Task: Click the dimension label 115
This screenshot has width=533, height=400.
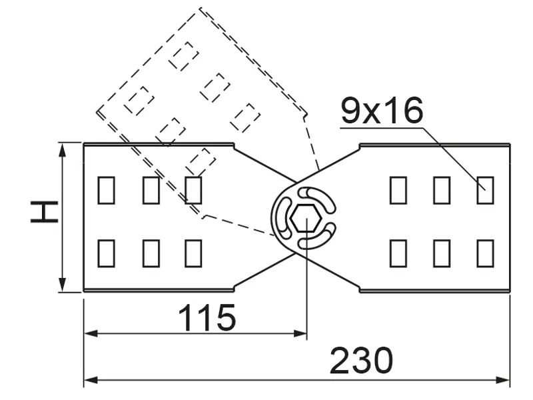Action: coord(207,318)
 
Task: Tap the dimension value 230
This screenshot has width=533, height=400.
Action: coord(362,361)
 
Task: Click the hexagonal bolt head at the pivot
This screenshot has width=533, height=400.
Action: coord(304,217)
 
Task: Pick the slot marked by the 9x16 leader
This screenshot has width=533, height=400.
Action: coord(485,190)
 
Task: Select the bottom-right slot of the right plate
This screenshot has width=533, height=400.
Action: coord(485,253)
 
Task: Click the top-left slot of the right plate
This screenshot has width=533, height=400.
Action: coord(398,190)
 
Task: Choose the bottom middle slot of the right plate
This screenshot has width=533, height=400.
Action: coord(442,253)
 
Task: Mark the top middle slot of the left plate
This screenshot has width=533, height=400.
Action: coord(151,190)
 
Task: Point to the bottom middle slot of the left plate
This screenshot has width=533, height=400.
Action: coord(151,253)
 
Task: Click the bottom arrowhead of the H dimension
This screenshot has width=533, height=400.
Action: coord(62,286)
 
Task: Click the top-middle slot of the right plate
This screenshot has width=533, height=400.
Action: coord(442,190)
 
